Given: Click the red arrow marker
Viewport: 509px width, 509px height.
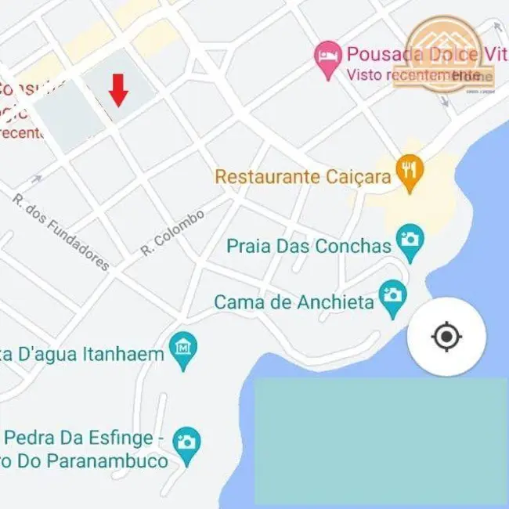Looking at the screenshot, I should (118, 89).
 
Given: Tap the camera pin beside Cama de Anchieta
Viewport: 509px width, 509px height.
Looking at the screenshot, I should (392, 298).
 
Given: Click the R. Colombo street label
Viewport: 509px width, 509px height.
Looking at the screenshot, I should (173, 232).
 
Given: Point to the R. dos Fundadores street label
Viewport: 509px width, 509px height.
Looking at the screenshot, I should (62, 232).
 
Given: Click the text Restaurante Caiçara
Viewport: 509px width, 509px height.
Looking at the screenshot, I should (302, 176).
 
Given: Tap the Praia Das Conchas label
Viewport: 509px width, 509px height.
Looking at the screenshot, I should (309, 246).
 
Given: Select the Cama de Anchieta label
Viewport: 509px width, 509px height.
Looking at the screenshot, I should (294, 301).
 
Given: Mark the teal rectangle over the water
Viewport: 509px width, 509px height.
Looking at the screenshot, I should (381, 441).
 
